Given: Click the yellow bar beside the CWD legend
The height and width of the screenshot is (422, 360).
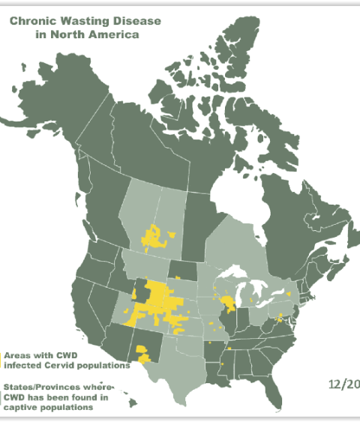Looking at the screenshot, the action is tap(1, 360).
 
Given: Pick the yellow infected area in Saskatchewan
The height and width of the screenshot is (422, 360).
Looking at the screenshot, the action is tap(154, 238).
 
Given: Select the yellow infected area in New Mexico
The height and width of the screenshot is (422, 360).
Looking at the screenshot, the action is tap(142, 350).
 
